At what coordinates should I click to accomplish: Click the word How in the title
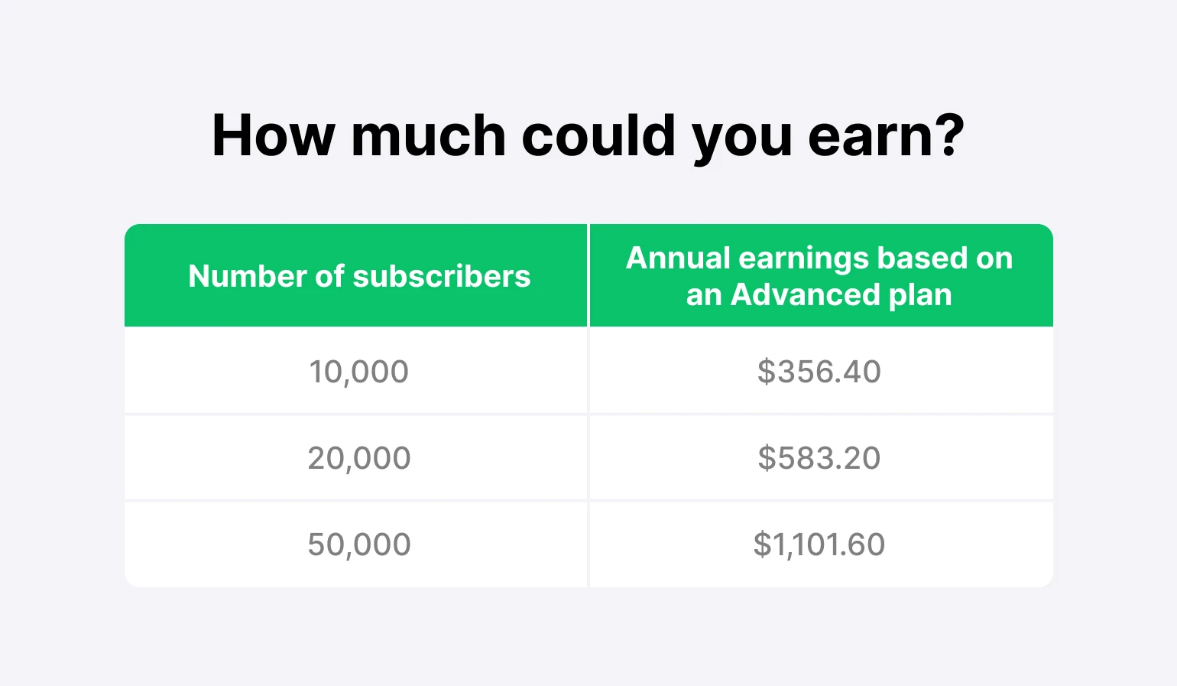pyautogui.click(x=274, y=135)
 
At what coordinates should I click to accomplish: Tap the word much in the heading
pyautogui.click(x=428, y=135)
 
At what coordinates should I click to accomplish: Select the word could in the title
pyautogui.click(x=598, y=135)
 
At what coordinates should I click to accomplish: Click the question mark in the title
pyautogui.click(x=947, y=135)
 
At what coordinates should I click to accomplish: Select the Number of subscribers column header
pyautogui.click(x=359, y=276)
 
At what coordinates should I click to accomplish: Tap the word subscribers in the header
pyautogui.click(x=442, y=276)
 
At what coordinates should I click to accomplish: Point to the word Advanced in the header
pyautogui.click(x=805, y=294)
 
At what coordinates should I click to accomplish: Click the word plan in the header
pyautogui.click(x=920, y=297)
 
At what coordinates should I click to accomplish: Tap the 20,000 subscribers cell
pyautogui.click(x=359, y=458)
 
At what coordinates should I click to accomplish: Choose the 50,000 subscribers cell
pyautogui.click(x=359, y=545)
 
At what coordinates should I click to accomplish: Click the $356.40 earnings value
pyautogui.click(x=819, y=372)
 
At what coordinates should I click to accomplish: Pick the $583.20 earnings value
pyautogui.click(x=819, y=458)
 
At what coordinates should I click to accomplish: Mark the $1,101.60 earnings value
pyautogui.click(x=819, y=545)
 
